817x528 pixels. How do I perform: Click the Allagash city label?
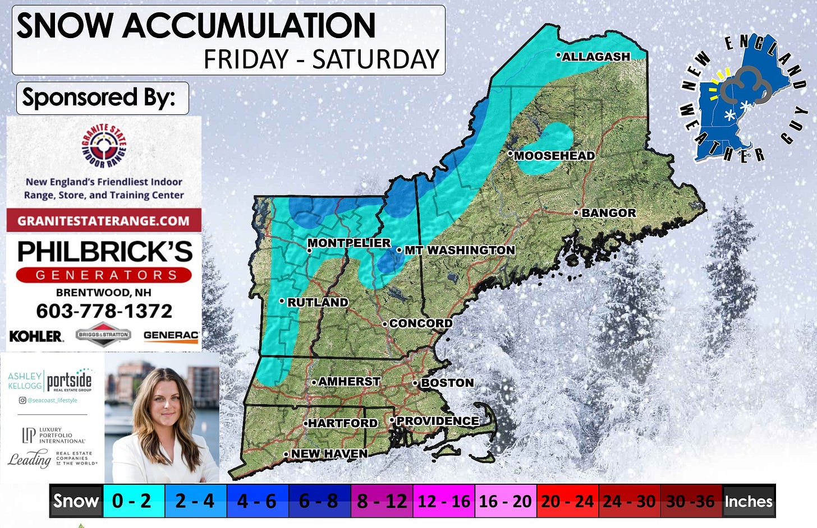595,57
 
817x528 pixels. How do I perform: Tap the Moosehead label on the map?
554,156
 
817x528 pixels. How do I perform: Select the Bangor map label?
608,213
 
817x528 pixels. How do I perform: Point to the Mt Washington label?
459,250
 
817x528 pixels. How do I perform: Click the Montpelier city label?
348,243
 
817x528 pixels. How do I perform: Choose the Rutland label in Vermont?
317,302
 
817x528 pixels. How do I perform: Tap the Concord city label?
420,323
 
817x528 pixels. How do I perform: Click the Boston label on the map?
447,383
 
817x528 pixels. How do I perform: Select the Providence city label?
437,421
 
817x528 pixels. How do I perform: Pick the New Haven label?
329,453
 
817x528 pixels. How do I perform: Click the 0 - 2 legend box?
132,501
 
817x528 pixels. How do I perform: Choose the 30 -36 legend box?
690,501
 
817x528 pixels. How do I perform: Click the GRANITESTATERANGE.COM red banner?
104,220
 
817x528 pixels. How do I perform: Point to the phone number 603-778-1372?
104,311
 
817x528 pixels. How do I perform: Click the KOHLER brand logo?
36,336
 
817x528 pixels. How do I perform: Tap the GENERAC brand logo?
171,335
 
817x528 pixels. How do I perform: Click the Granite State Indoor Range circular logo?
104,146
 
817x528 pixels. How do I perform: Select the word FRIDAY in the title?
246,59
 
